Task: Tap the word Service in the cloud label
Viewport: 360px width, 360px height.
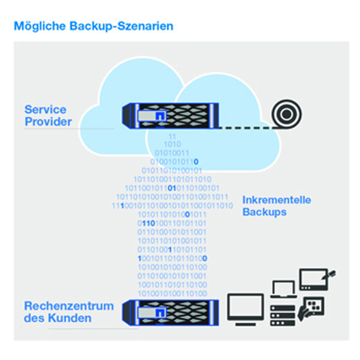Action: [45, 110]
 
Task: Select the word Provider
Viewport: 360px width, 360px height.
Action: [48, 122]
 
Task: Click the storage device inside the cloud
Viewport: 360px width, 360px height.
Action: [170, 115]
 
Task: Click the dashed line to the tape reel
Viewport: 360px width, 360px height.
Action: [242, 127]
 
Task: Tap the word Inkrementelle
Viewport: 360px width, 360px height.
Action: [277, 200]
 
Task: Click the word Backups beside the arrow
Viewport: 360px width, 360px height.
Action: [265, 212]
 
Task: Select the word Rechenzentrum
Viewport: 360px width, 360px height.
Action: [68, 306]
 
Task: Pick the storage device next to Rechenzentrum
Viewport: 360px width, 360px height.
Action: [170, 312]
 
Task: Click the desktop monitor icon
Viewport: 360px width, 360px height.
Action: [246, 310]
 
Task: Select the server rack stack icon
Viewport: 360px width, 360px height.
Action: [282, 314]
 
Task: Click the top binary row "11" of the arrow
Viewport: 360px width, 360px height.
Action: [173, 137]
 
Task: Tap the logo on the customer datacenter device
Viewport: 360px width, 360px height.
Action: [158, 311]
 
